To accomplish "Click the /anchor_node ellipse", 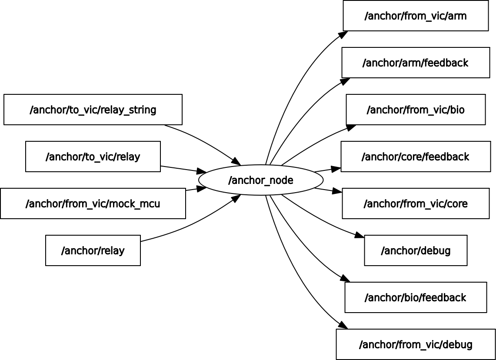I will (261, 180).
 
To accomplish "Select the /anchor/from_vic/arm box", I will (416, 16).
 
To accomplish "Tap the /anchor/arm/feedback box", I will (416, 63).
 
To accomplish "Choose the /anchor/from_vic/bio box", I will (416, 110).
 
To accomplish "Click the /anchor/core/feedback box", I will (416, 157).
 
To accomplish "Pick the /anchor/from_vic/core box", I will (416, 203).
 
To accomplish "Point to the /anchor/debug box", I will (416, 250).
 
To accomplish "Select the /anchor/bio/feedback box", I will (416, 297).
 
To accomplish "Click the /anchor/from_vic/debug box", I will (416, 344).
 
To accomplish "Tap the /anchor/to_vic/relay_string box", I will (93, 110).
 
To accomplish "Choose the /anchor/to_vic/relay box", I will (93, 157).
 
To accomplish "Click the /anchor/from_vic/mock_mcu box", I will (93, 203).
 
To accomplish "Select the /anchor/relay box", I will (93, 250).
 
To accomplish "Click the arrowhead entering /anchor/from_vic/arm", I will (343, 34).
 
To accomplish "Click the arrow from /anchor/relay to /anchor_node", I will (191, 224).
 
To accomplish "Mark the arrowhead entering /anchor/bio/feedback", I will (346, 278).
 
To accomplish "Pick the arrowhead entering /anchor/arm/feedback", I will (346, 81).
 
